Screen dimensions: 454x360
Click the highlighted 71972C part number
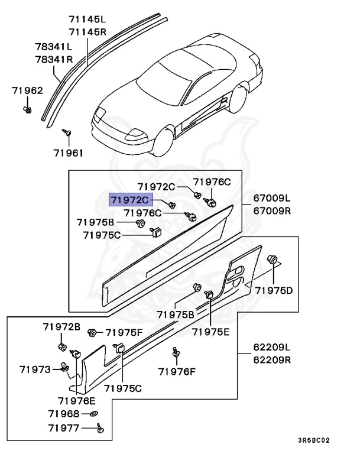(x=129, y=200)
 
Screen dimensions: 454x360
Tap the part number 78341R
(x=53, y=59)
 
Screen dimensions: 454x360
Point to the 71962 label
(x=28, y=90)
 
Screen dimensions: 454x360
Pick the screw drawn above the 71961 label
(x=69, y=131)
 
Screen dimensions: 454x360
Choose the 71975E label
(x=210, y=332)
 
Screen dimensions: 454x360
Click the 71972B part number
(x=61, y=326)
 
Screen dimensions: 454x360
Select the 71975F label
(x=124, y=332)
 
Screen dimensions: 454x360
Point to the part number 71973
(x=34, y=369)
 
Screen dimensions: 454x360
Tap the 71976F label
(x=176, y=371)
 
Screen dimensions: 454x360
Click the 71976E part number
(x=76, y=400)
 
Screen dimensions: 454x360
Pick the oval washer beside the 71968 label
(x=95, y=413)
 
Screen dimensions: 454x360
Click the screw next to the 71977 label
(x=99, y=427)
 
